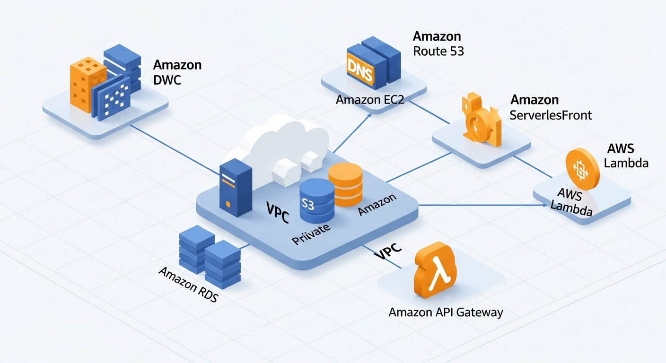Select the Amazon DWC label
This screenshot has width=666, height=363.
pyautogui.click(x=177, y=72)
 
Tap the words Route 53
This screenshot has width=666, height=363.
pyautogui.click(x=438, y=51)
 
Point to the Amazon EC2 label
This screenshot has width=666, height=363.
pyautogui.click(x=370, y=100)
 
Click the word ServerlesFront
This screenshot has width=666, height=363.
pyautogui.click(x=551, y=115)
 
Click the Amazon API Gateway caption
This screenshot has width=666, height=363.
pyautogui.click(x=446, y=312)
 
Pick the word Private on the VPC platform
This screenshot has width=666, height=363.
pyautogui.click(x=311, y=233)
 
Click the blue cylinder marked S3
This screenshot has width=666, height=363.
pyautogui.click(x=316, y=201)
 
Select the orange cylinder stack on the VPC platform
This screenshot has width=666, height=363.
pyautogui.click(x=345, y=184)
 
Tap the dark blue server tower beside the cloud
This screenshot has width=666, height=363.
pyautogui.click(x=235, y=187)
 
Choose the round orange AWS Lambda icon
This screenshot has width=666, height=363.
pyautogui.click(x=582, y=168)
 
